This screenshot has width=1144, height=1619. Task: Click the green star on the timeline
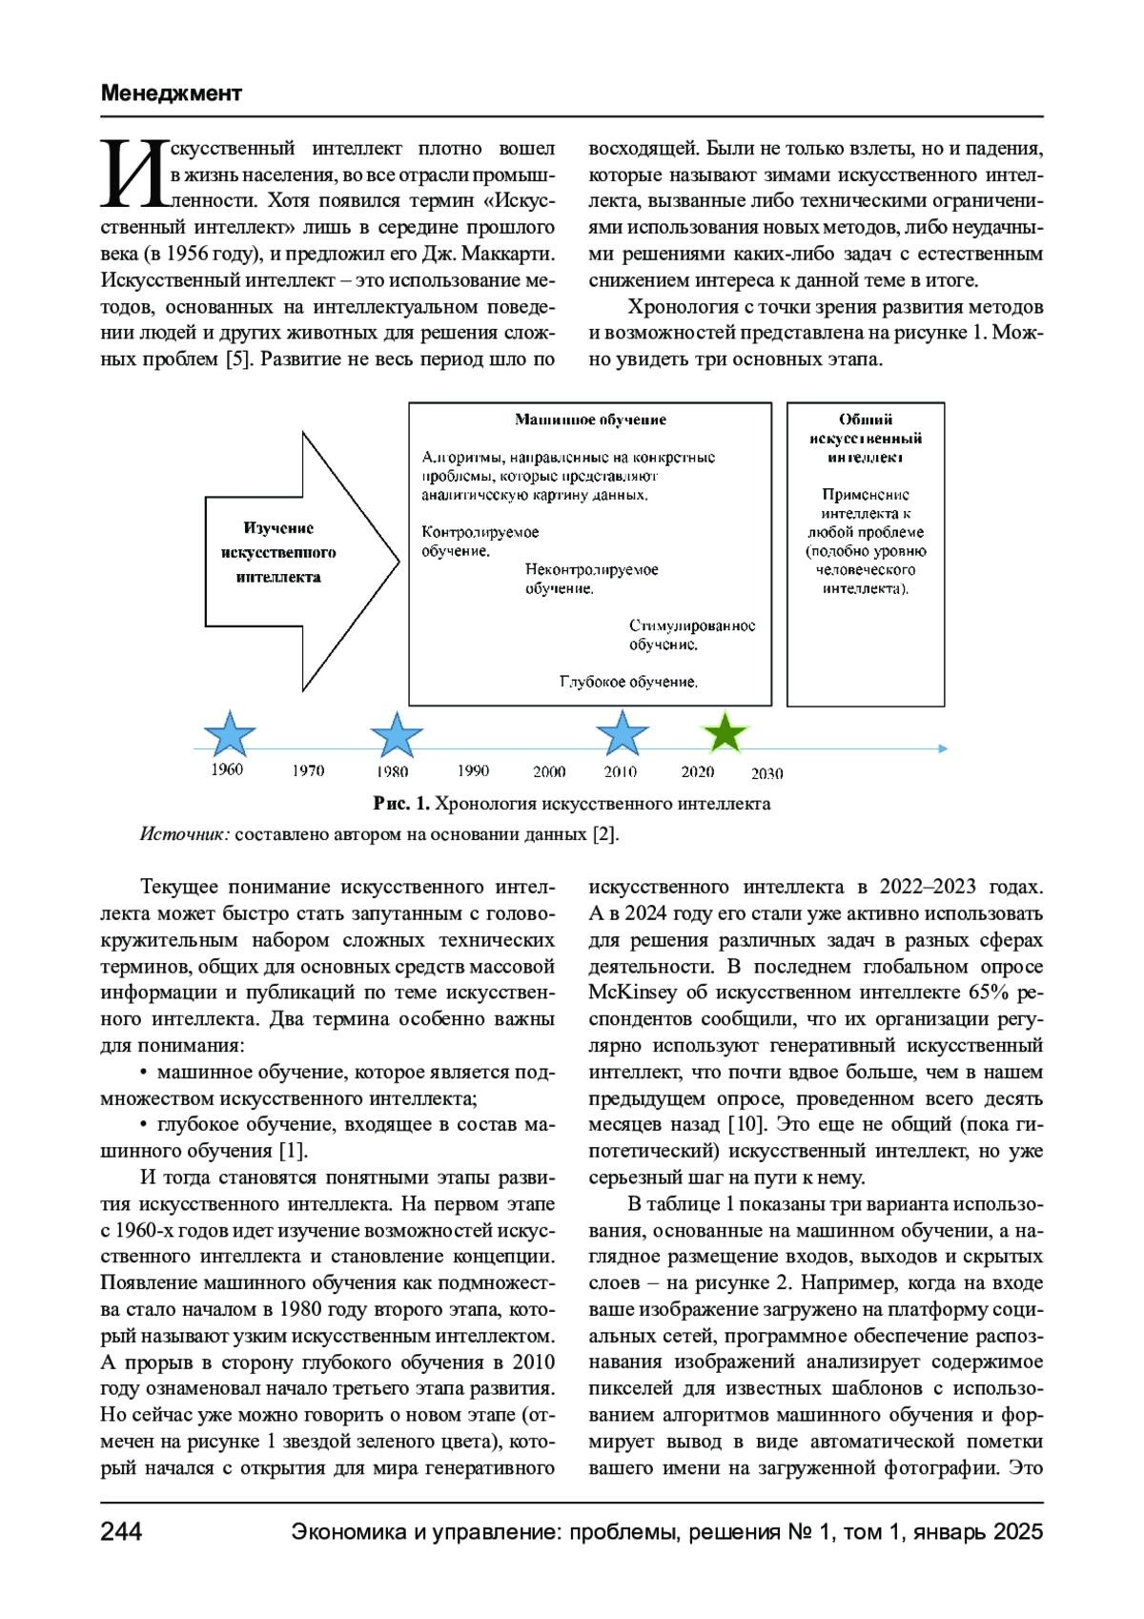click(x=725, y=733)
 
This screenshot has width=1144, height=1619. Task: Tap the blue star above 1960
click(x=230, y=734)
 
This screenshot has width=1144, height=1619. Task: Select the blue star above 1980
click(x=396, y=735)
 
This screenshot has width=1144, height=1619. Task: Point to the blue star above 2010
click(x=622, y=733)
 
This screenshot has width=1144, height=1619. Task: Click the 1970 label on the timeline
click(x=308, y=770)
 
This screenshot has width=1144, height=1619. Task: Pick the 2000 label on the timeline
click(x=549, y=771)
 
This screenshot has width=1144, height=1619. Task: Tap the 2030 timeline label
click(x=766, y=773)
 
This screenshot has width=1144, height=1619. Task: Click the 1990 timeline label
click(x=473, y=770)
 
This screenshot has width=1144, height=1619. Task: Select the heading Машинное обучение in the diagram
click(x=590, y=420)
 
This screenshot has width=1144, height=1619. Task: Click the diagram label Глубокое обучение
click(x=628, y=682)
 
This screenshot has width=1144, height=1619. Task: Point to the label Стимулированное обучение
click(x=691, y=635)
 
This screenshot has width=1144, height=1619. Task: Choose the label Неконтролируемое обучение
click(x=591, y=579)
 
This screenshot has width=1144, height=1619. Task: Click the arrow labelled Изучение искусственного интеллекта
click(x=286, y=553)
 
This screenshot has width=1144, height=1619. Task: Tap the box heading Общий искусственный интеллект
click(x=866, y=439)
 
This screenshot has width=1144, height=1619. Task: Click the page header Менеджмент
click(x=172, y=93)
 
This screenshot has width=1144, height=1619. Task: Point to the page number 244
click(x=121, y=1531)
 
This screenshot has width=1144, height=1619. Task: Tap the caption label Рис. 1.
click(x=401, y=804)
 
